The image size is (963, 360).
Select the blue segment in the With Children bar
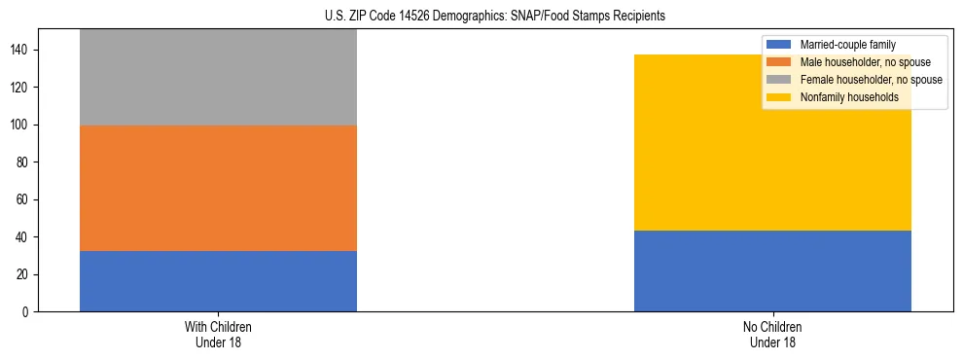(x=218, y=281)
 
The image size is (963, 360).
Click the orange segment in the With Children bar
(x=218, y=188)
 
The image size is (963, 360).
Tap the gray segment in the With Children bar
(x=218, y=78)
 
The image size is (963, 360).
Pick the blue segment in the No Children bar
(x=772, y=271)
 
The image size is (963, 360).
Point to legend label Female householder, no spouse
(x=871, y=80)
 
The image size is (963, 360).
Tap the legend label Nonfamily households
(x=849, y=97)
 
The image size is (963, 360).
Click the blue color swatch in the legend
(x=779, y=45)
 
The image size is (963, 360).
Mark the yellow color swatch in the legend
(x=779, y=97)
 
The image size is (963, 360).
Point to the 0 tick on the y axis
(x=31, y=312)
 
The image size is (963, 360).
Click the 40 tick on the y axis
(x=28, y=237)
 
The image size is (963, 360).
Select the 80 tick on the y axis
(x=28, y=162)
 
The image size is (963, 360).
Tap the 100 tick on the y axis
(x=25, y=126)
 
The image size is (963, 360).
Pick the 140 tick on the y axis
(x=25, y=50)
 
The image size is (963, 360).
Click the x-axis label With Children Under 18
(x=218, y=334)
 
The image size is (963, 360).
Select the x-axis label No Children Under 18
(x=772, y=334)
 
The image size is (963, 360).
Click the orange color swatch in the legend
(x=779, y=62)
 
